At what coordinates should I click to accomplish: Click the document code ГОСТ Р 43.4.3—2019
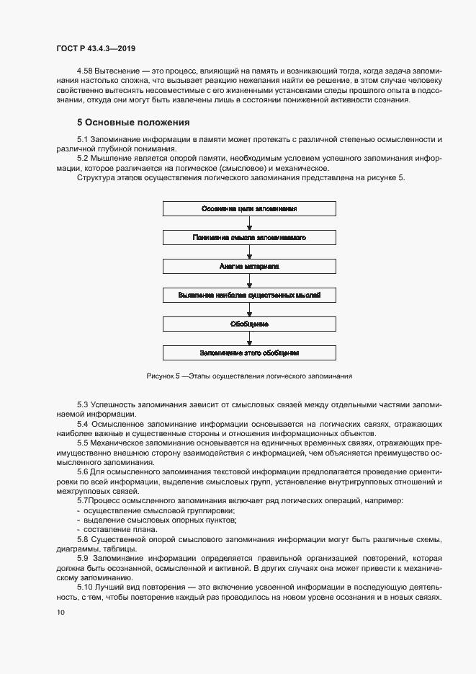click(96, 48)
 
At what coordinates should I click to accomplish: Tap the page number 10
click(60, 613)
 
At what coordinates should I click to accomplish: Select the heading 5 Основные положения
click(133, 122)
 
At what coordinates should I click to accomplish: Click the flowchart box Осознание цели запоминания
click(249, 208)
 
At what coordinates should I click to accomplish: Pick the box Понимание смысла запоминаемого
click(249, 236)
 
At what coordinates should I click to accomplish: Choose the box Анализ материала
click(249, 266)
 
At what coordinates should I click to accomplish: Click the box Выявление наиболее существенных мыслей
click(249, 295)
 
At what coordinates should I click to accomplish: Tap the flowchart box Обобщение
click(249, 324)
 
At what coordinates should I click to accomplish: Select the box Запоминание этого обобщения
click(249, 353)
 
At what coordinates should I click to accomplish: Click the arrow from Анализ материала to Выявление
click(249, 280)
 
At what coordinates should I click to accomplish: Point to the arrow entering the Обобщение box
click(249, 309)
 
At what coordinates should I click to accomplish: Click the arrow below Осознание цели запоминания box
click(249, 222)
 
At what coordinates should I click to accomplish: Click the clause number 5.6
click(84, 471)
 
